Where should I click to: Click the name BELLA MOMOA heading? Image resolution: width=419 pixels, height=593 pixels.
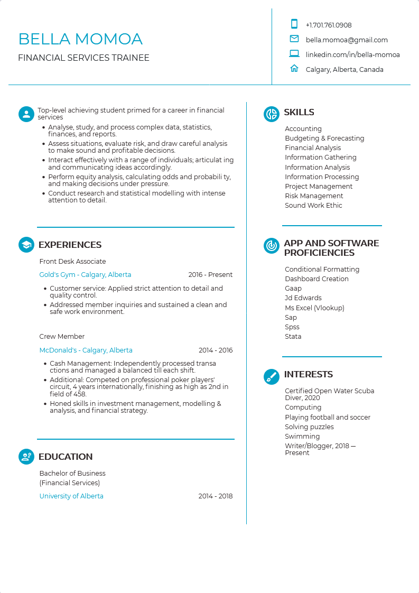80,39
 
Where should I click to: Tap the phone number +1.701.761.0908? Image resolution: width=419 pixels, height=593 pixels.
328,25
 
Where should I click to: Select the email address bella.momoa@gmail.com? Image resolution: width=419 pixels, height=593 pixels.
347,40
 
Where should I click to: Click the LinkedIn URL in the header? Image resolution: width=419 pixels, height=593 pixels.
352,54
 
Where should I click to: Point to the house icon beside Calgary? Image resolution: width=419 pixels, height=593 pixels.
294,68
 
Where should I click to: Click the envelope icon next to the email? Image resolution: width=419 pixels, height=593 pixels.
294,39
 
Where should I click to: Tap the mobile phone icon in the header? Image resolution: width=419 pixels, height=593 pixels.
294,24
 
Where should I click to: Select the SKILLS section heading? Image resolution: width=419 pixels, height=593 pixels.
299,112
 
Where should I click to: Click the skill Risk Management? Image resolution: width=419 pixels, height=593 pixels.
314,196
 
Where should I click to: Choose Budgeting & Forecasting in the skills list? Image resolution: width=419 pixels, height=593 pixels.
324,138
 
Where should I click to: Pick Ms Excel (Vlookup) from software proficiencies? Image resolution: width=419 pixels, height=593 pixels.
314,308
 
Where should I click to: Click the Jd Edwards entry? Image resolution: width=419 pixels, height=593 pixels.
303,298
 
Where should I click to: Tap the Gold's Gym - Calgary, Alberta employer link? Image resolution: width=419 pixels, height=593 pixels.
85,275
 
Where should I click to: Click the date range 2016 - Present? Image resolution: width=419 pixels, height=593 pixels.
210,275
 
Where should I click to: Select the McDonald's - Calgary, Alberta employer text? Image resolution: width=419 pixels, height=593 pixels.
86,350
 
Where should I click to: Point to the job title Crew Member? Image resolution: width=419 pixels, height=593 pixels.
62,337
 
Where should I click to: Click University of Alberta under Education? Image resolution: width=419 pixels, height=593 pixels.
71,496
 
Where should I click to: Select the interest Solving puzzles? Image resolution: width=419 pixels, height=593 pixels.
309,427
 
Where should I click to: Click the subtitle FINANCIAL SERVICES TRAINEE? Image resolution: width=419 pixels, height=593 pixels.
83,58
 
